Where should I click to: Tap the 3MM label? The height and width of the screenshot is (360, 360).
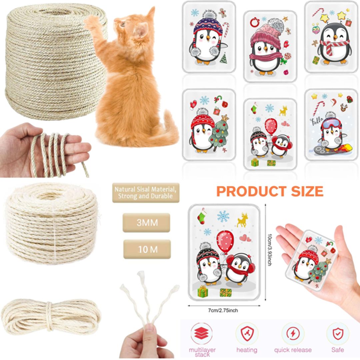146,222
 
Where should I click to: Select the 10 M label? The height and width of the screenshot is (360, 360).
147,249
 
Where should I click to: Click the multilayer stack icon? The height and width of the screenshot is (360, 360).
201,334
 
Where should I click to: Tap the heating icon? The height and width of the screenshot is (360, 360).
247,334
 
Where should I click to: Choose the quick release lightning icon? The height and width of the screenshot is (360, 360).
293,334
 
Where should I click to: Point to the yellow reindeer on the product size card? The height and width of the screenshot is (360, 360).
242,220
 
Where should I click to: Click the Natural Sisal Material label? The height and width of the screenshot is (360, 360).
146,192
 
